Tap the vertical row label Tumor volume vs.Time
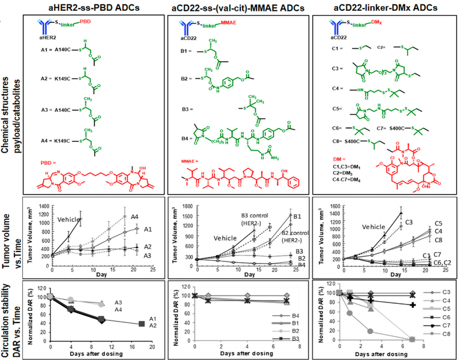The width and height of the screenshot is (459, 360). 12,235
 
